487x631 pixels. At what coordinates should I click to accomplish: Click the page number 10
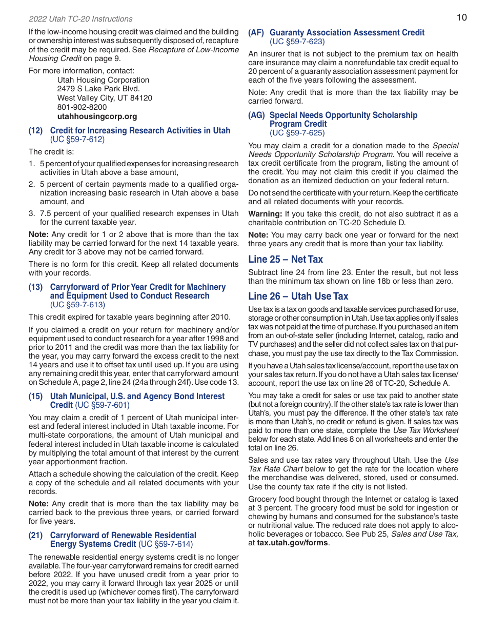[461, 17]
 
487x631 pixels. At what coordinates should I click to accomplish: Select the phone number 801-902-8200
[82, 107]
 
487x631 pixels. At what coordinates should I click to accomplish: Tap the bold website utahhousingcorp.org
[97, 116]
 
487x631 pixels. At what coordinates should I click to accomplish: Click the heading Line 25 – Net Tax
[285, 259]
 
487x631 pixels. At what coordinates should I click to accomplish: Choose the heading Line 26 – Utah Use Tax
[298, 296]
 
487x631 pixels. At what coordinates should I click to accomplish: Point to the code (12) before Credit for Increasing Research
[35, 131]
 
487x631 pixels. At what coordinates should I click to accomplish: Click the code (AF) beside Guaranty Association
[256, 33]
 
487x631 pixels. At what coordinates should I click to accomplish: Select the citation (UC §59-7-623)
[297, 42]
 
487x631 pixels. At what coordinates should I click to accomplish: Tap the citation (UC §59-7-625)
[297, 133]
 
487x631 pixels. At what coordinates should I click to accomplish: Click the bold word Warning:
[265, 214]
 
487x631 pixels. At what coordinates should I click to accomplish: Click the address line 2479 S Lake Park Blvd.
[98, 89]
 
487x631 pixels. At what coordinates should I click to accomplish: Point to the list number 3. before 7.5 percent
[32, 213]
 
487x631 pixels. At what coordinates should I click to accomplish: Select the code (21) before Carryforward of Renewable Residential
[35, 536]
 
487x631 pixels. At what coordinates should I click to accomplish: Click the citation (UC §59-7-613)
[77, 305]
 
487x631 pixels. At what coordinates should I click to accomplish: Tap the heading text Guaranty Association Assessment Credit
[347, 33]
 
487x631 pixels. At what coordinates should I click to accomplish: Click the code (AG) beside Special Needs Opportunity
[256, 115]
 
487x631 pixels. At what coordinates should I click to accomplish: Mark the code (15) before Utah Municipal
[35, 397]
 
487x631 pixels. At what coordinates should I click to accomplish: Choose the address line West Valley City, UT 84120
[105, 98]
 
